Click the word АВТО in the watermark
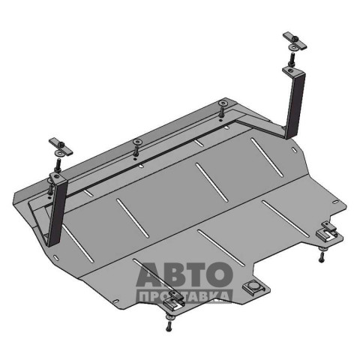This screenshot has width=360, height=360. [x=184, y=274]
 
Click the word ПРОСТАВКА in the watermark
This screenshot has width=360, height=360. [x=184, y=297]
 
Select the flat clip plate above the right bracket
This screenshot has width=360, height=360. [x=295, y=41]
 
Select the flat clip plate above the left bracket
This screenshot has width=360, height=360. [x=61, y=146]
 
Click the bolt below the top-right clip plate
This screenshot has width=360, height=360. [x=292, y=59]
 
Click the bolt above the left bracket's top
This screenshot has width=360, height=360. [x=58, y=166]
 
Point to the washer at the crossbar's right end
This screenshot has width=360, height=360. [x=222, y=103]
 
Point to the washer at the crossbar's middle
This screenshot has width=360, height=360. [x=137, y=142]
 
